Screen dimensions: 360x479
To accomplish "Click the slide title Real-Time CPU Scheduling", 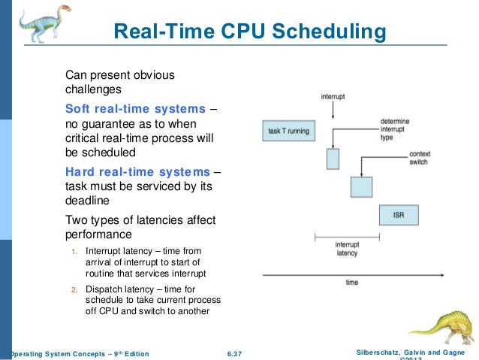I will tap(249, 32).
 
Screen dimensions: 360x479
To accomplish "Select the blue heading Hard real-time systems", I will tap(138, 171).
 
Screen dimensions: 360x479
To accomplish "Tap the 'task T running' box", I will tap(288, 131).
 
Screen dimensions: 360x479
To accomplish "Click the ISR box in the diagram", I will tap(399, 215).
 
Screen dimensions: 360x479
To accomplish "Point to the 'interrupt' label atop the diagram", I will tap(333, 97).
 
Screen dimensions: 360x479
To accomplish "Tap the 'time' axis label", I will tap(351, 283).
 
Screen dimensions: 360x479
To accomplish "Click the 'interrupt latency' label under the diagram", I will tap(346, 249).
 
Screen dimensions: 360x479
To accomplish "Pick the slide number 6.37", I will tap(239, 353).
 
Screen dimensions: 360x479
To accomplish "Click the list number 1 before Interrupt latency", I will tap(73, 250).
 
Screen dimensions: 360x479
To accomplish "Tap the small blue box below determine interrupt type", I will tap(333, 159).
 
